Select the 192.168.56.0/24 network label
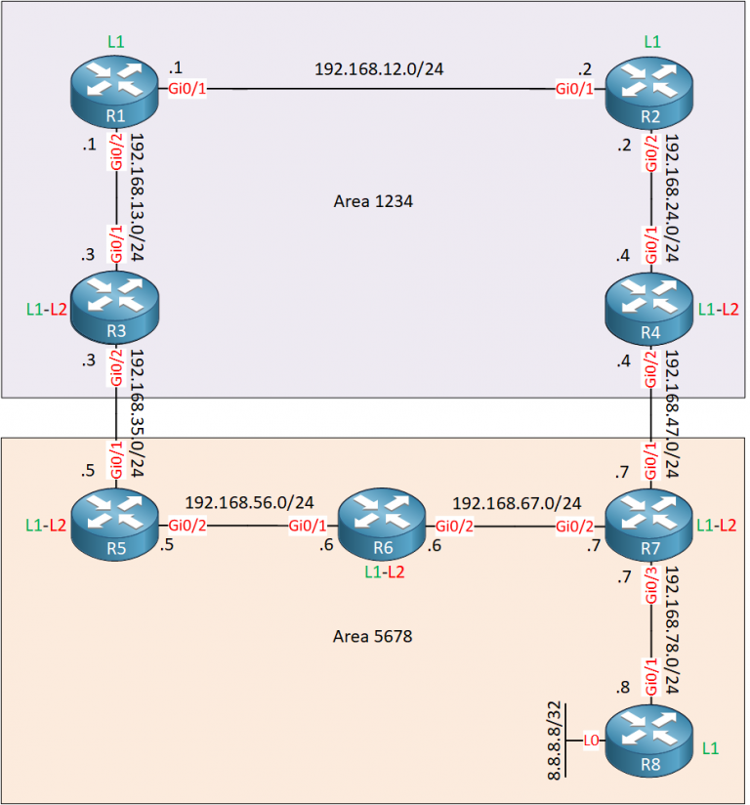pos(249,502)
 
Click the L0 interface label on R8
pos(591,741)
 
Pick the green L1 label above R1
pos(116,43)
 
